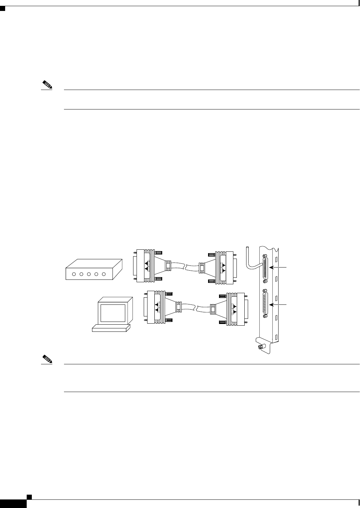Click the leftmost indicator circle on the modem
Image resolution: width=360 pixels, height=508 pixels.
coord(73,274)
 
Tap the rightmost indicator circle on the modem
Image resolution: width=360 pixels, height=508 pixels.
coord(104,274)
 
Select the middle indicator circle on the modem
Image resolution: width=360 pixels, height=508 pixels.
coord(88,274)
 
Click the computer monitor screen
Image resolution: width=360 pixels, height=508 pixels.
coord(113,312)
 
